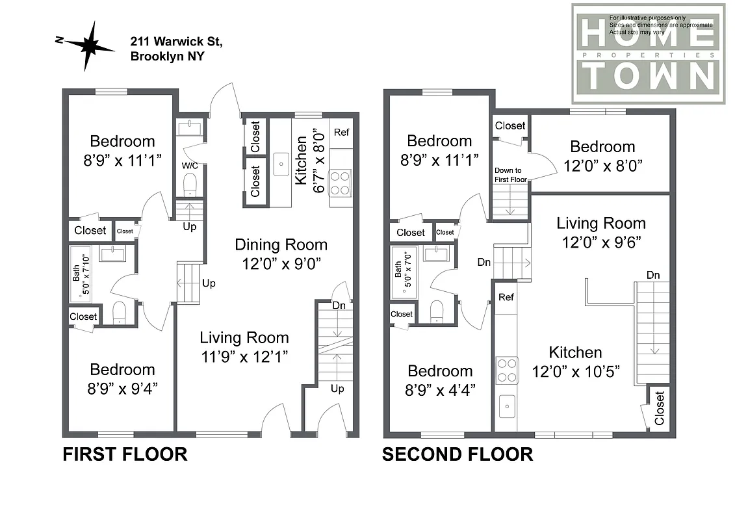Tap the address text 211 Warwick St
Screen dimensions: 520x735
(176, 42)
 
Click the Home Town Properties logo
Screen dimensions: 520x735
(648, 54)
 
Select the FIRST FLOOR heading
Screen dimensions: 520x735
(125, 454)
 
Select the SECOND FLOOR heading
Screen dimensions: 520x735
(457, 454)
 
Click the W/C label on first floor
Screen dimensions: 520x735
(189, 164)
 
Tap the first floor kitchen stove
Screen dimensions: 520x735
(341, 182)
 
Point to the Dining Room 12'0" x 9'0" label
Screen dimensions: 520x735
(281, 254)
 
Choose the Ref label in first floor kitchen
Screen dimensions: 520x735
(341, 133)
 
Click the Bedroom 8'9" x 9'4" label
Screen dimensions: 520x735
(122, 378)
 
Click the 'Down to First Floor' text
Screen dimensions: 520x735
(509, 174)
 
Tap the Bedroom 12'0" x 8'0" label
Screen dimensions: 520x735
(602, 156)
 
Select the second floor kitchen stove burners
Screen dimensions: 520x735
(506, 370)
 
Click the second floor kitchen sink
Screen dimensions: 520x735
(506, 408)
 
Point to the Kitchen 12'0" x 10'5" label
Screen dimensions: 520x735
(575, 361)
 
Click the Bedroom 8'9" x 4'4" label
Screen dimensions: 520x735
(440, 380)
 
